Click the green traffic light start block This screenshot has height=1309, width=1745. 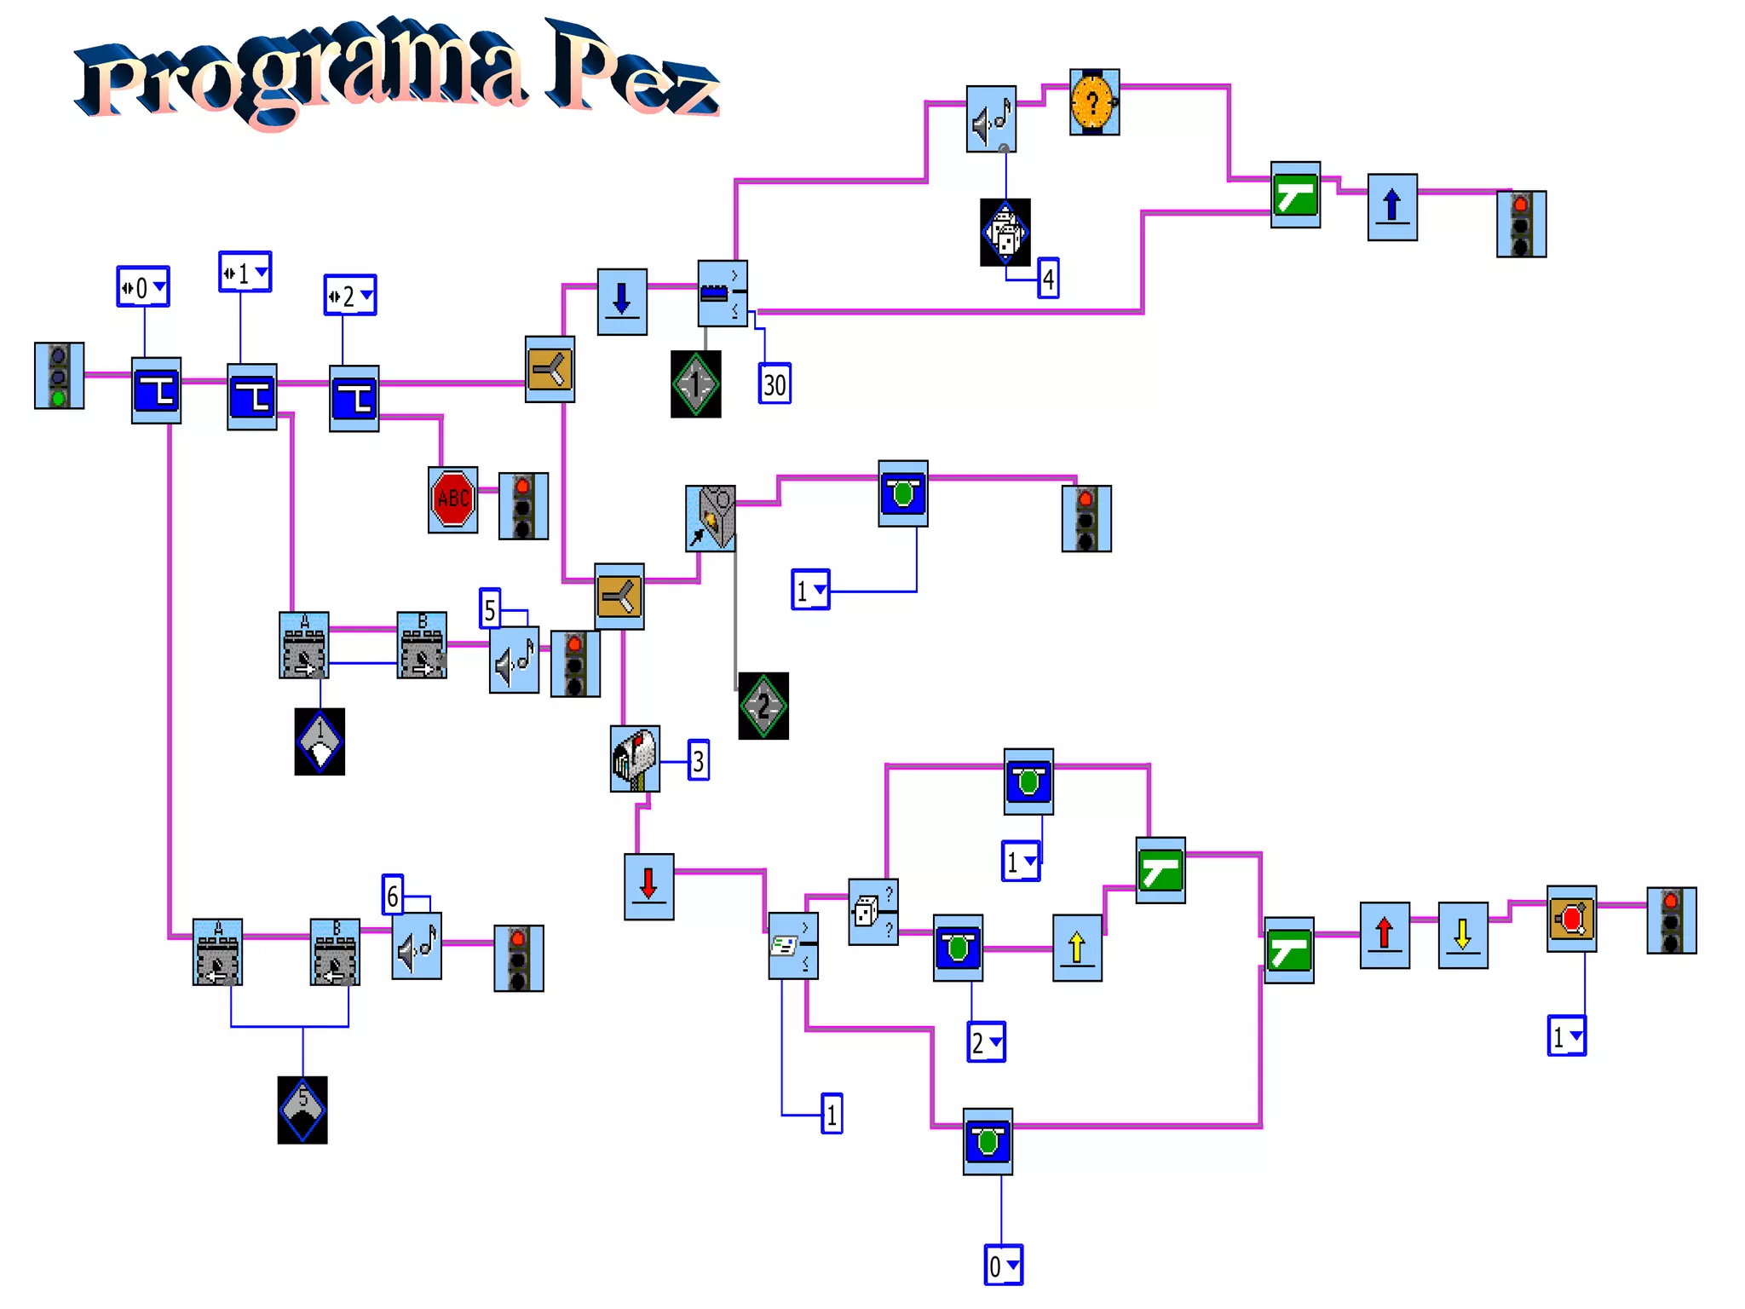(59, 376)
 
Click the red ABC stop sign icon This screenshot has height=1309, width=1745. (452, 499)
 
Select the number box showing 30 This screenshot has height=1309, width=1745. (775, 383)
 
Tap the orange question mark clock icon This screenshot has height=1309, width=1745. (1094, 102)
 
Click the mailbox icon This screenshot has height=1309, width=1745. (635, 758)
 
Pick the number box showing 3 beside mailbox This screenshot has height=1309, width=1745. (699, 760)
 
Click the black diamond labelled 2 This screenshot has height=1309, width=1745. (763, 706)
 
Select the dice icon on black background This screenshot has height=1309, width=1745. (1005, 232)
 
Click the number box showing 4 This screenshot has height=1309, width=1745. (1048, 279)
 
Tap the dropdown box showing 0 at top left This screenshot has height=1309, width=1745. (142, 287)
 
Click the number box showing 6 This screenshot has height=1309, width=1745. (392, 895)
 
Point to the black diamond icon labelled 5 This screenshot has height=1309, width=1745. (302, 1110)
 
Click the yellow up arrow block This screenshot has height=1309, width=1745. (1077, 948)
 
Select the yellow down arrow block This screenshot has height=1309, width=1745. (1463, 935)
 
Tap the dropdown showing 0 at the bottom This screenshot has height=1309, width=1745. (1003, 1266)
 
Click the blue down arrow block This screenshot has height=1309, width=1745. (622, 302)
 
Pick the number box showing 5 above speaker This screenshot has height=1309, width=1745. (489, 609)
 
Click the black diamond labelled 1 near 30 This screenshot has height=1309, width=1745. (695, 384)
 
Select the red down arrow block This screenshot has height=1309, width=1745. (648, 886)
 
